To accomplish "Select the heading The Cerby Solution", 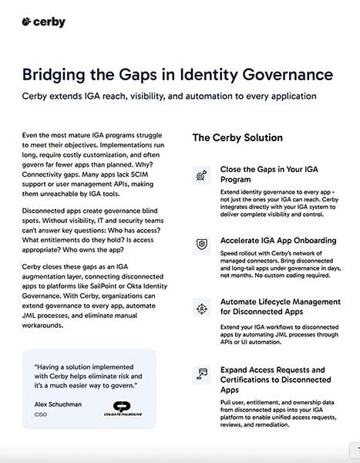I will point(237,138).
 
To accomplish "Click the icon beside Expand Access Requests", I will point(200,374).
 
